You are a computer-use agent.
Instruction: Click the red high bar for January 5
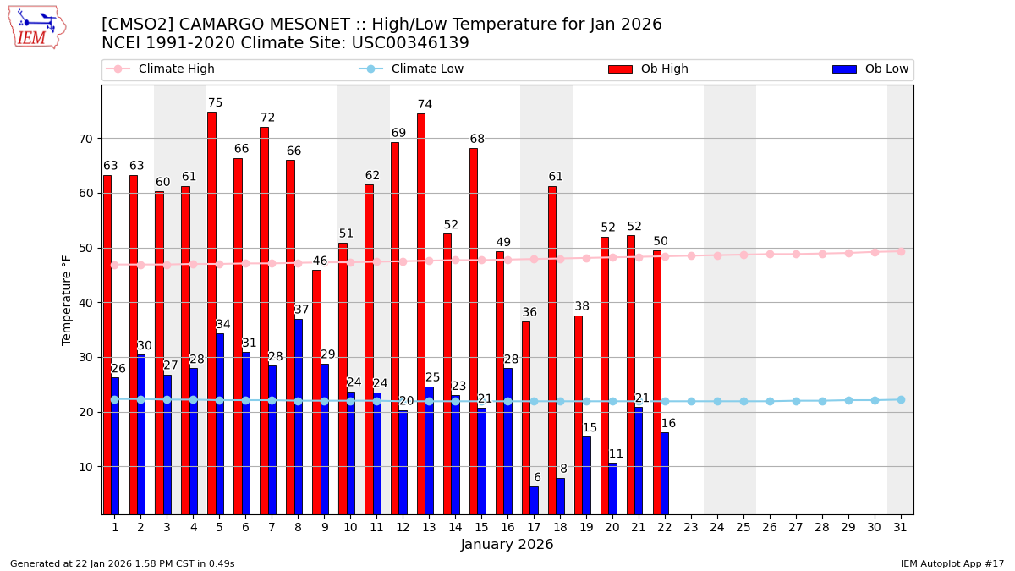[x=211, y=313]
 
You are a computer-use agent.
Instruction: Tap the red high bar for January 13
[x=421, y=313]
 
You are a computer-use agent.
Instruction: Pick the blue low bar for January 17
[x=534, y=500]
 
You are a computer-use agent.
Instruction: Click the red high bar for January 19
[x=579, y=415]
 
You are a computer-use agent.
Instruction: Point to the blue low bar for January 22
[x=665, y=473]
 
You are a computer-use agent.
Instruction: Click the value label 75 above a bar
[x=215, y=103]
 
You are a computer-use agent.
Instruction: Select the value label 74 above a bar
[x=425, y=105]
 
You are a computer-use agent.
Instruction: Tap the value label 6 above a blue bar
[x=537, y=478]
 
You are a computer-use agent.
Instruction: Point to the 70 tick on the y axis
[x=86, y=139]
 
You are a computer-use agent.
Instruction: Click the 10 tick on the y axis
[x=86, y=467]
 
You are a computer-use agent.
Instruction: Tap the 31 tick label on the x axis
[x=901, y=527]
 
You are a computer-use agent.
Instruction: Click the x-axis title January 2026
[x=507, y=545]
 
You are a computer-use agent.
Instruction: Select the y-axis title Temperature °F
[x=67, y=299]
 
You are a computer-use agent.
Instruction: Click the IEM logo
[x=37, y=27]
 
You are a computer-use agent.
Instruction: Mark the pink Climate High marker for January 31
[x=901, y=251]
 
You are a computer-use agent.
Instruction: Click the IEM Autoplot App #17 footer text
[x=952, y=563]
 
